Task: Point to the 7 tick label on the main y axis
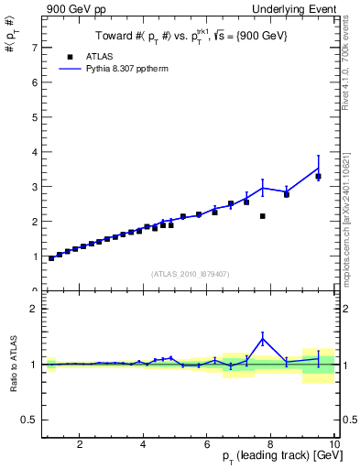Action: pyautogui.click(x=34, y=47)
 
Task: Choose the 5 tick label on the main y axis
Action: pyautogui.click(x=34, y=116)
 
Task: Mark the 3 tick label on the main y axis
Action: pyautogui.click(x=34, y=186)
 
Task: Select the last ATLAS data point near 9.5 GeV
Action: pyautogui.click(x=318, y=176)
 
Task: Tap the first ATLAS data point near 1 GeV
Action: pyautogui.click(x=51, y=258)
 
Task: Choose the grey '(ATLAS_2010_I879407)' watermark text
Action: pyautogui.click(x=191, y=273)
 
